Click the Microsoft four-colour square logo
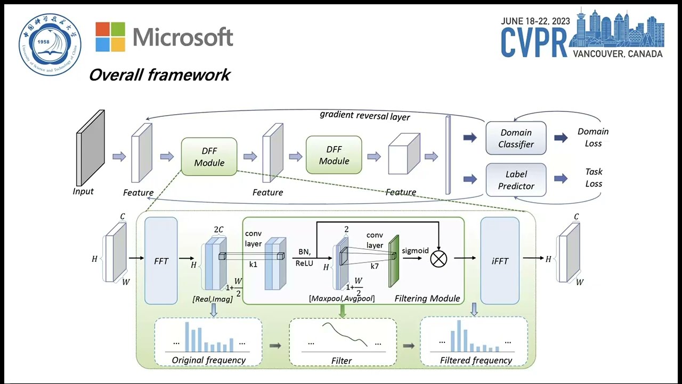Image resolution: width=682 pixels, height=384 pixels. [110, 37]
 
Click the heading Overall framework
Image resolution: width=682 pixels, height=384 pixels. [159, 75]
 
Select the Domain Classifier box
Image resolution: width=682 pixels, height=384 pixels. [516, 138]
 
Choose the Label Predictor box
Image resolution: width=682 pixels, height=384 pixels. [516, 180]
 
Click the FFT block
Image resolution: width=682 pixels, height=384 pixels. [161, 261]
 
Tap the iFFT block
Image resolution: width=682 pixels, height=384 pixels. [500, 261]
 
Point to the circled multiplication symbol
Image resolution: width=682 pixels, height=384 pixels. [438, 259]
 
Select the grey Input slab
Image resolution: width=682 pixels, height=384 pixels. [91, 148]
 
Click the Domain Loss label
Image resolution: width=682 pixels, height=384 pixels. [593, 137]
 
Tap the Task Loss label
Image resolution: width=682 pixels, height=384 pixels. [594, 178]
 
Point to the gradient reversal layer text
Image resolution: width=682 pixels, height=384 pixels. [365, 115]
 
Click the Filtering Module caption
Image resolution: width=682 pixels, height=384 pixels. [427, 298]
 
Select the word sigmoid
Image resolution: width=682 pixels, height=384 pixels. [415, 250]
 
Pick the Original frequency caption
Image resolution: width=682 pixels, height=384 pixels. [208, 360]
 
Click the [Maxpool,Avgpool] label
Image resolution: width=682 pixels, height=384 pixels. [342, 299]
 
